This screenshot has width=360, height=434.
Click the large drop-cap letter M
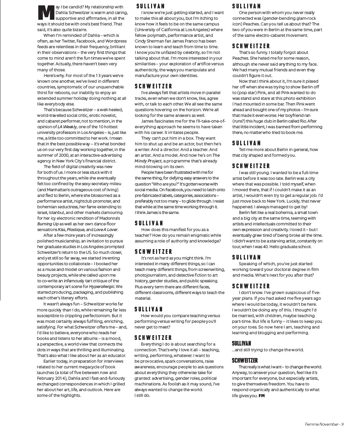pos(45,12)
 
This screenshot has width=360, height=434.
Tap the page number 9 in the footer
pos(342,424)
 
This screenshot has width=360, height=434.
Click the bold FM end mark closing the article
pos(262,395)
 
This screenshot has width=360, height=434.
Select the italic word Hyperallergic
pos(102,287)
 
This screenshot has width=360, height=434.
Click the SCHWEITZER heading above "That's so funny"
pos(251,46)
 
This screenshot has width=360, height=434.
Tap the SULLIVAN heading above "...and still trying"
pos(241,344)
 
